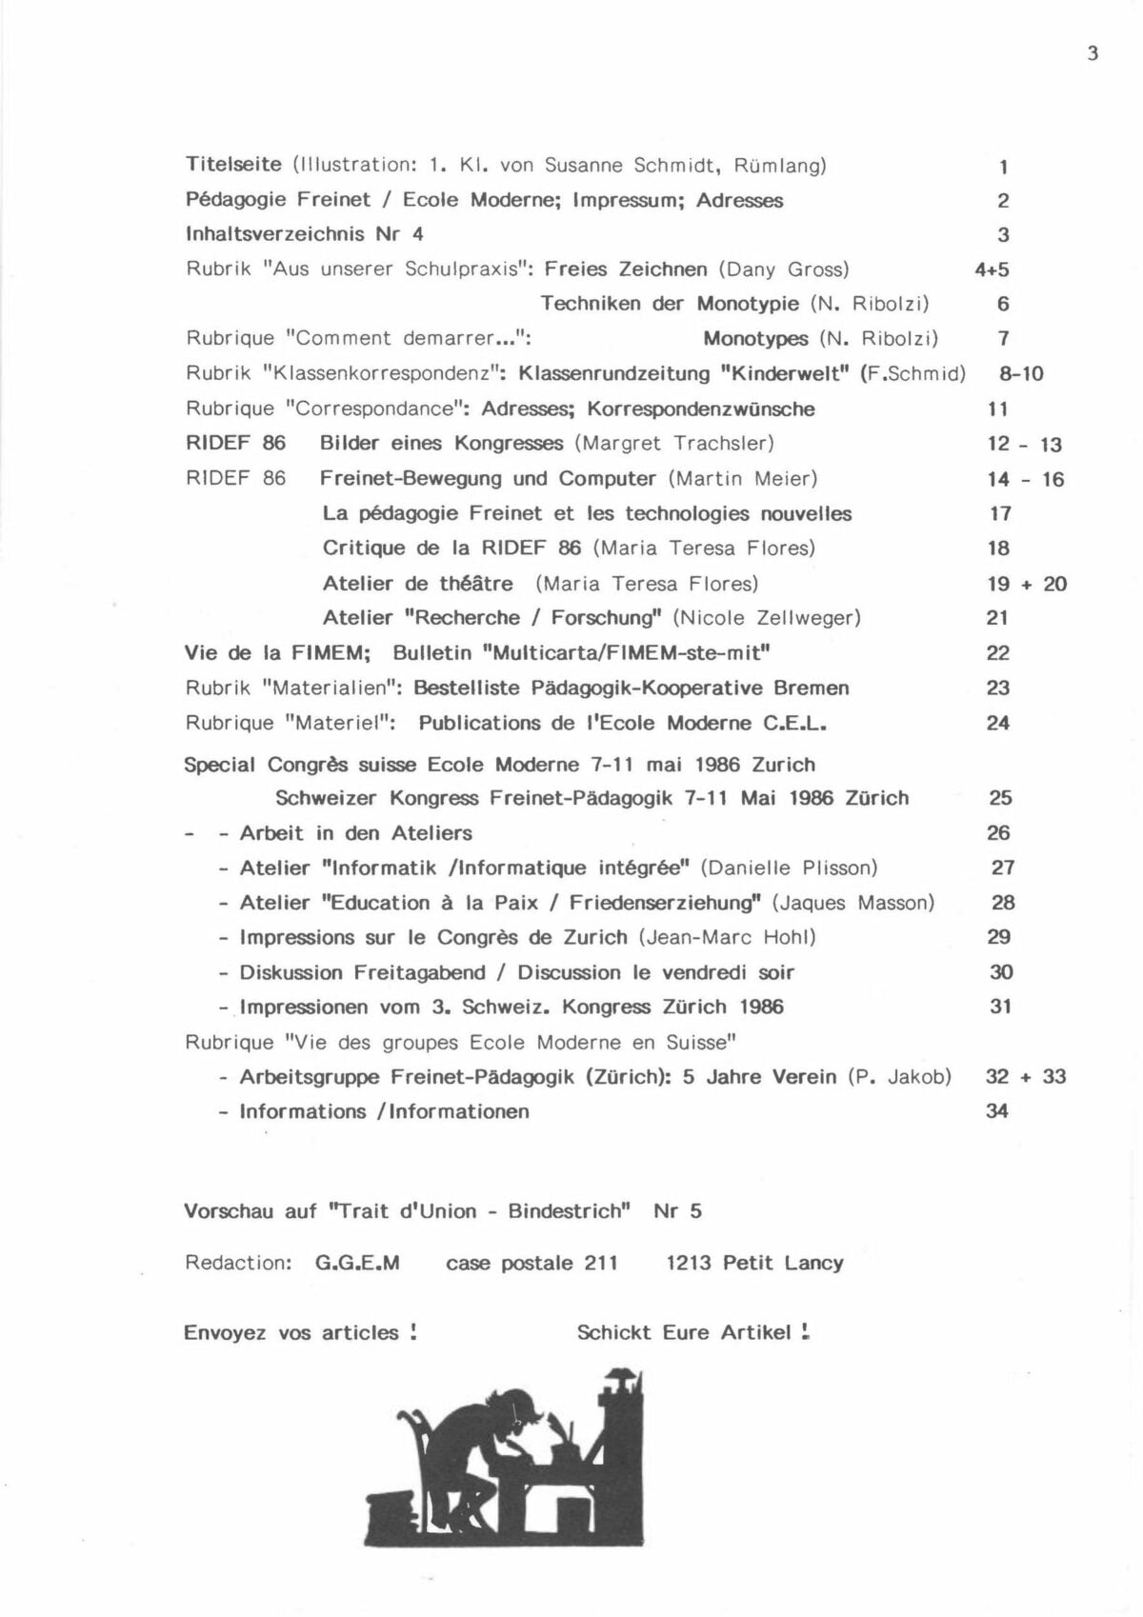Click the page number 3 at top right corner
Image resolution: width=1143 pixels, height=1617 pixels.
[1093, 53]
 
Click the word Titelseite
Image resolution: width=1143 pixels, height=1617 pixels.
[233, 165]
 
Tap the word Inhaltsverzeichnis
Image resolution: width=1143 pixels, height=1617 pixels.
[274, 234]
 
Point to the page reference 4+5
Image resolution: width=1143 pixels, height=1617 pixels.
[992, 269]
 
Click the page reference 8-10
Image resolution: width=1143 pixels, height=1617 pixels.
[1021, 374]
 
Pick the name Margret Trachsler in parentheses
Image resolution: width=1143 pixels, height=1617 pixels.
[674, 444]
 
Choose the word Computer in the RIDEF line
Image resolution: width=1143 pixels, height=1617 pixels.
[607, 479]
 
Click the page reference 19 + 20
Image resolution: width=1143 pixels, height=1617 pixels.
[1027, 584]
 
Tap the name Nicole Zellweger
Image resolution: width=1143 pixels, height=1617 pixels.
[767, 618]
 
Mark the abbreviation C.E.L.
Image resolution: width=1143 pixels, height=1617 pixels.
[794, 724]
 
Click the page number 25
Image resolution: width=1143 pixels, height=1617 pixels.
[1000, 798]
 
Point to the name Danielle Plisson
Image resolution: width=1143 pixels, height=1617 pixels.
[789, 868]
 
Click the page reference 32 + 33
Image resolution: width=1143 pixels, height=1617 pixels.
[1026, 1077]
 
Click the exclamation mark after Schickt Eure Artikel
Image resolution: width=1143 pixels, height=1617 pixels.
[806, 1332]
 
